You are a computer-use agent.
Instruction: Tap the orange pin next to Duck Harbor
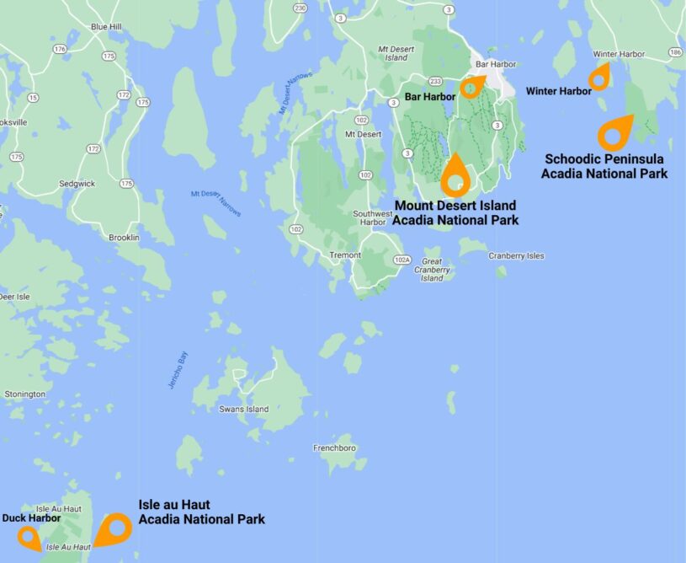click(29, 536)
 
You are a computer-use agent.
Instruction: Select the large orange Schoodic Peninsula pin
click(616, 131)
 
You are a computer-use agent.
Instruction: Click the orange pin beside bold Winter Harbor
click(598, 78)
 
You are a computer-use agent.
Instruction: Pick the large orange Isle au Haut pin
click(113, 529)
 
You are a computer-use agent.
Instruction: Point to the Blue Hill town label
click(106, 27)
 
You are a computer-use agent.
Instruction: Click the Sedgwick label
click(77, 183)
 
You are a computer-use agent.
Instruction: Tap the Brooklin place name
click(124, 238)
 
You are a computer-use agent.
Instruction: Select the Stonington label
click(24, 394)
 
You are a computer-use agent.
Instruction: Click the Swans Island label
click(243, 410)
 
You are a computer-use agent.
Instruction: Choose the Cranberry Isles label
click(517, 255)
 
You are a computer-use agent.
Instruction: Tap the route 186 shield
click(675, 52)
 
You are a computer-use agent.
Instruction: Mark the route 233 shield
click(435, 81)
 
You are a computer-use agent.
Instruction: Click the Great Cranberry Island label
click(432, 270)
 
